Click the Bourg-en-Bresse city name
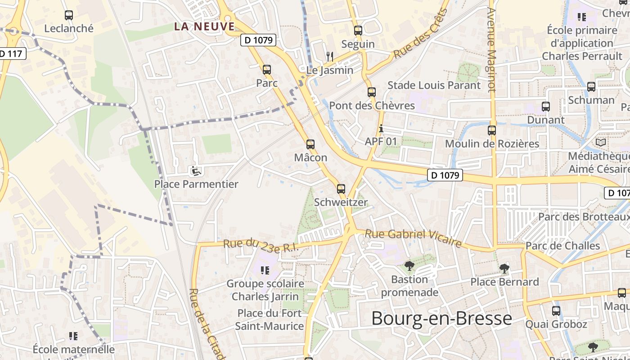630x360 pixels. pyautogui.click(x=441, y=318)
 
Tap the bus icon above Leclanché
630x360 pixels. pyautogui.click(x=69, y=15)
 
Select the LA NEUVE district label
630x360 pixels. pyautogui.click(x=205, y=27)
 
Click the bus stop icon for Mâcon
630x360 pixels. pyautogui.click(x=310, y=144)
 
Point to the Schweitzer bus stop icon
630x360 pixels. pyautogui.click(x=341, y=189)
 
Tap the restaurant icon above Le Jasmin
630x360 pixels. pyautogui.click(x=330, y=57)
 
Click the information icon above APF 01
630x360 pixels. pyautogui.click(x=381, y=129)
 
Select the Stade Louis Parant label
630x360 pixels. pyautogui.click(x=434, y=85)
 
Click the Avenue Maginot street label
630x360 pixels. pyautogui.click(x=491, y=49)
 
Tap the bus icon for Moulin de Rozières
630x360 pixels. pyautogui.click(x=492, y=130)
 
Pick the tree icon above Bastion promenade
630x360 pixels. pyautogui.click(x=409, y=266)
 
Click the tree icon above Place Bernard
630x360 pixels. pyautogui.click(x=504, y=269)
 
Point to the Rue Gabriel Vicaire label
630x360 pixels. pyautogui.click(x=413, y=238)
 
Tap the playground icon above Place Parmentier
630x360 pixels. pyautogui.click(x=196, y=171)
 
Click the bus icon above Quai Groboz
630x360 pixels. pyautogui.click(x=556, y=310)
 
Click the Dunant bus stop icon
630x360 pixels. pyautogui.click(x=546, y=107)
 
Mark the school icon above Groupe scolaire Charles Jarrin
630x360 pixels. pyautogui.click(x=265, y=270)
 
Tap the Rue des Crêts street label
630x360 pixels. pyautogui.click(x=421, y=34)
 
